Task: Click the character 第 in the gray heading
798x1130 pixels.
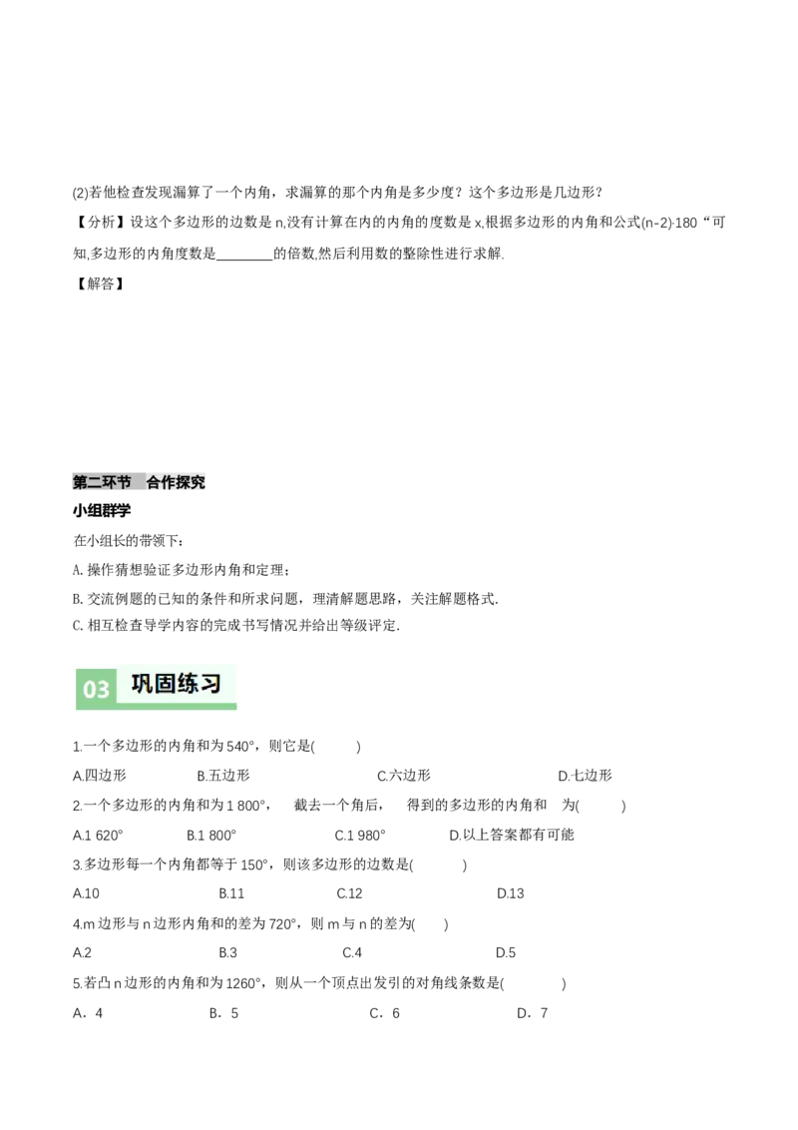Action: pyautogui.click(x=80, y=483)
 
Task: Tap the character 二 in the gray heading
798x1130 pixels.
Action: pyautogui.click(x=95, y=483)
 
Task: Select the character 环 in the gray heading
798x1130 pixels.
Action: pyautogui.click(x=110, y=483)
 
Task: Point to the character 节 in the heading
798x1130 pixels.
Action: pyautogui.click(x=124, y=483)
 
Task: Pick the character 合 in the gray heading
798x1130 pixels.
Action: pyautogui.click(x=154, y=483)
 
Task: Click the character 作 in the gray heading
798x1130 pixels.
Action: pyautogui.click(x=169, y=483)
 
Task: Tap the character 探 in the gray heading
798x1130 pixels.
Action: pyautogui.click(x=184, y=483)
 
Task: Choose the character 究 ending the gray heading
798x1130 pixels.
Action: pyautogui.click(x=199, y=483)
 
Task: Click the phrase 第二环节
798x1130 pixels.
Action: pyautogui.click(x=102, y=483)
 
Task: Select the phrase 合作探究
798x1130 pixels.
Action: pyautogui.click(x=176, y=483)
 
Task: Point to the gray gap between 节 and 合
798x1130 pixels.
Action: pyautogui.click(x=139, y=483)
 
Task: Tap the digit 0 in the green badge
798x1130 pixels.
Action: pyautogui.click(x=90, y=690)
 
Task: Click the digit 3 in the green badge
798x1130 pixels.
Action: pyautogui.click(x=103, y=690)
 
